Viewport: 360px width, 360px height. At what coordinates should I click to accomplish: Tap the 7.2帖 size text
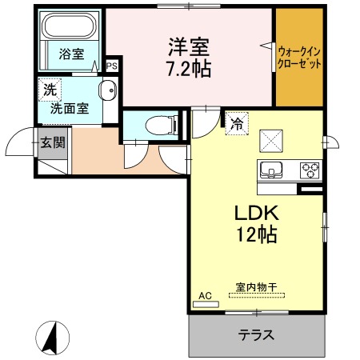(190, 69)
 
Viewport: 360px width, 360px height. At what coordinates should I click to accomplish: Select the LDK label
(255, 214)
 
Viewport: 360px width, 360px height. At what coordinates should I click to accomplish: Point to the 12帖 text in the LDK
(256, 236)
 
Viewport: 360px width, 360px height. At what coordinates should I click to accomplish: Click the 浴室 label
(70, 54)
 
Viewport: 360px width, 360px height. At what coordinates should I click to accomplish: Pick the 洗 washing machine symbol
(50, 90)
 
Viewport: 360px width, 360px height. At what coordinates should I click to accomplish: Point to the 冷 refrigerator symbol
(237, 123)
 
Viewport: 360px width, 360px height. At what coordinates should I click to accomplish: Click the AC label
(206, 296)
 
